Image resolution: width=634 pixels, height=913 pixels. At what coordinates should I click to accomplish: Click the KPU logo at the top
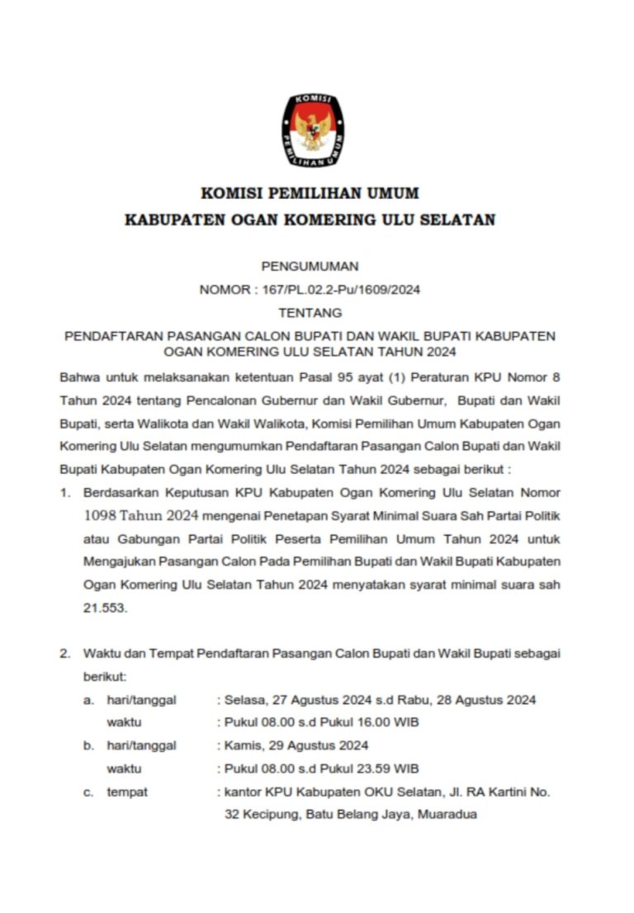click(314, 130)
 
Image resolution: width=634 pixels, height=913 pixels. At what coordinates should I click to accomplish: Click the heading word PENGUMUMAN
click(310, 266)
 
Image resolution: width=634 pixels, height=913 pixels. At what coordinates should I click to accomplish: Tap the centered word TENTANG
click(310, 313)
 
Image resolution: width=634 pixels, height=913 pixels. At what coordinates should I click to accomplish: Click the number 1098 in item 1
click(101, 517)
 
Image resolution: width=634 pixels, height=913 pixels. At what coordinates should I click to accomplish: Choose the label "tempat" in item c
click(127, 792)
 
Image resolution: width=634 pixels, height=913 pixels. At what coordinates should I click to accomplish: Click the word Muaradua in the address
click(447, 815)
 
